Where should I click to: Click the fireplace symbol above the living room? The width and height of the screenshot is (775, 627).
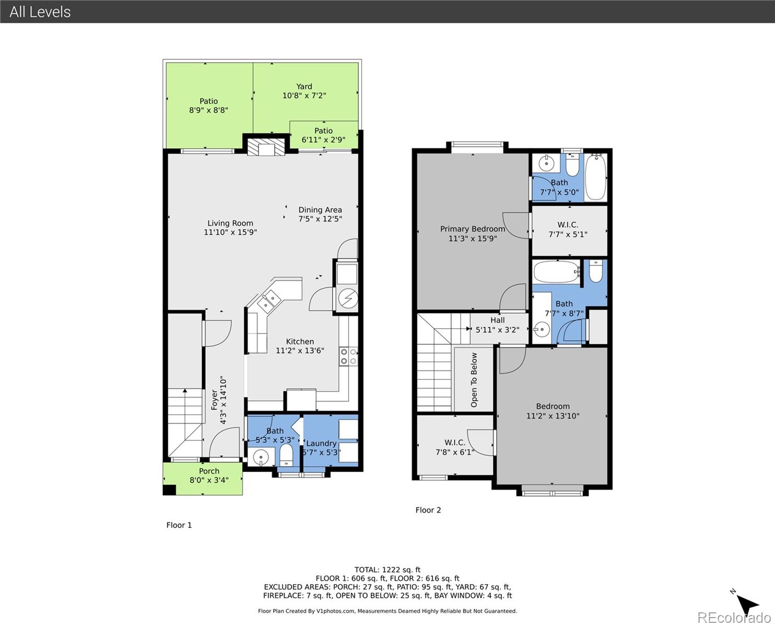point(266,146)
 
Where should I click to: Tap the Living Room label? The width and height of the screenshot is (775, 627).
point(230,223)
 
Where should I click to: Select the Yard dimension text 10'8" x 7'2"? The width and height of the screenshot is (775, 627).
point(304,96)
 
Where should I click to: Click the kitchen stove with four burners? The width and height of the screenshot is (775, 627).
point(348,356)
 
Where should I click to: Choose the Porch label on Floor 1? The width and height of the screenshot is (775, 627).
point(209,471)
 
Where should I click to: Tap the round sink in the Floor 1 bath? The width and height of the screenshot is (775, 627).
point(261,457)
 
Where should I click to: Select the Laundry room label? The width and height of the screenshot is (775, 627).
point(321,443)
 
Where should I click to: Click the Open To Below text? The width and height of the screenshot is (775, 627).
point(474,380)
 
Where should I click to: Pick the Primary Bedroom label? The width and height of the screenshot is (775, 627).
point(472,229)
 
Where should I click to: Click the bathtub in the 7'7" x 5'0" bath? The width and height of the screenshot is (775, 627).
point(595,177)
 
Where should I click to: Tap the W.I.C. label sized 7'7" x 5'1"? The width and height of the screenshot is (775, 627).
point(568,225)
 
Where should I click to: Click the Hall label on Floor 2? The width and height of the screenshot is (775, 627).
point(497,320)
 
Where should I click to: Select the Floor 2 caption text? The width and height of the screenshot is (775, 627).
point(428,510)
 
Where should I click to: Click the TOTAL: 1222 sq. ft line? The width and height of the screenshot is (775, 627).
point(387,570)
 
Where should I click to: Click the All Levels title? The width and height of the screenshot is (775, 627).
point(40,11)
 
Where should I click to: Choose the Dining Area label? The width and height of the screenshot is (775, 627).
point(320,210)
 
